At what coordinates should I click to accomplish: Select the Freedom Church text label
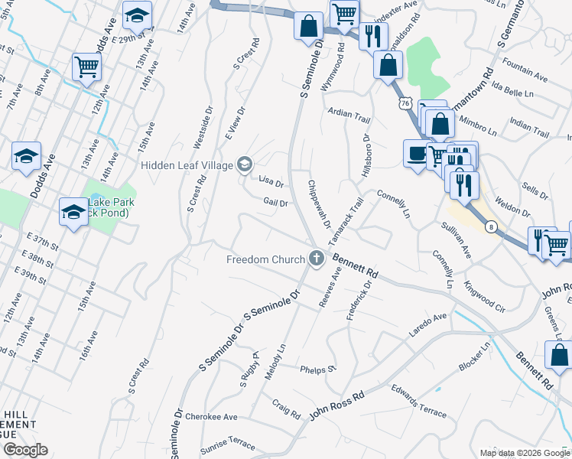tap(265, 259)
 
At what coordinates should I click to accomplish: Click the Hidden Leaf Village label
tap(187, 164)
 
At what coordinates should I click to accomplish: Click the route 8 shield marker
tap(490, 226)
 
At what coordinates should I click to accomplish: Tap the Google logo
tap(25, 449)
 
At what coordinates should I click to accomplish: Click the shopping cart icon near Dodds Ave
tap(87, 67)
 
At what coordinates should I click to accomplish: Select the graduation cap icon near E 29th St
tap(137, 15)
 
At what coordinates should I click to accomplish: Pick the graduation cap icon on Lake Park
tap(74, 211)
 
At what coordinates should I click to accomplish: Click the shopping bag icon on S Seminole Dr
tap(308, 25)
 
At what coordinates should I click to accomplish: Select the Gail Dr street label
tap(275, 203)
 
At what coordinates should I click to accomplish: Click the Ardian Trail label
tap(349, 113)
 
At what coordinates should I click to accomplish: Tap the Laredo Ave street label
tap(429, 318)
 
